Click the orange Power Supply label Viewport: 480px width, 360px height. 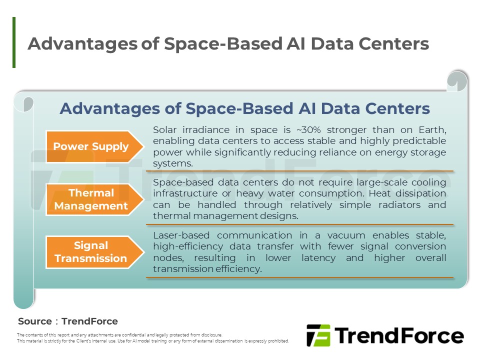(91, 146)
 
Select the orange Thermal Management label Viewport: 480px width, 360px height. (91, 199)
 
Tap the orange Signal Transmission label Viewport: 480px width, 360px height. (91, 252)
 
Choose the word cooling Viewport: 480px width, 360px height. (429, 182)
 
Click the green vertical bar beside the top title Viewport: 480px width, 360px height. (14, 42)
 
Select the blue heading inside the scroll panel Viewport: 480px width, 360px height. (244, 108)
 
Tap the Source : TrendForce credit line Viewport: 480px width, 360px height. (68, 321)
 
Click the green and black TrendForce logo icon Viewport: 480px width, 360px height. (318, 335)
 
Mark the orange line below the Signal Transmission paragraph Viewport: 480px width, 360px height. (299, 277)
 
